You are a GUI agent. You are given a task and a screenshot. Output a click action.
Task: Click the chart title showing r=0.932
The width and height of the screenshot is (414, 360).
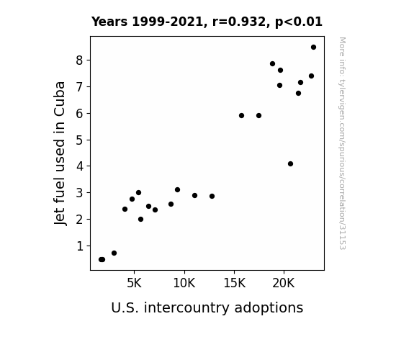207,22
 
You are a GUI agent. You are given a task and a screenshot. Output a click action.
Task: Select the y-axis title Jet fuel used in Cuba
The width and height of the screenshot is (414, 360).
60,153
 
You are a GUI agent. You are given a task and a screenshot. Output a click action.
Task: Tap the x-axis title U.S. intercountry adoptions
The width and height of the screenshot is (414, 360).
207,307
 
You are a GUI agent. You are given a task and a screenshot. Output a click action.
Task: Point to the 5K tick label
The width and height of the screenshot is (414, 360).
134,283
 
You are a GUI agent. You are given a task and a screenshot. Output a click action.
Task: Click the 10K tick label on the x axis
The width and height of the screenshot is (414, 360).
184,283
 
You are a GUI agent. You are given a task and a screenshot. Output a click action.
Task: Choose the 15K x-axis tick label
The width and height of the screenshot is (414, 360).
234,283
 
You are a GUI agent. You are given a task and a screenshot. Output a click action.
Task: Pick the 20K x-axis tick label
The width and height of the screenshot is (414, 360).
284,283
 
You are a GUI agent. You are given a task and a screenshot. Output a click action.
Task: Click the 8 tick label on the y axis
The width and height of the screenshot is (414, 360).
79,60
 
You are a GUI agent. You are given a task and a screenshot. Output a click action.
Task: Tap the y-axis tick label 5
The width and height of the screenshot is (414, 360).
79,140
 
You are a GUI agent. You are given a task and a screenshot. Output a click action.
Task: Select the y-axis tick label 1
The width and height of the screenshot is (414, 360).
80,246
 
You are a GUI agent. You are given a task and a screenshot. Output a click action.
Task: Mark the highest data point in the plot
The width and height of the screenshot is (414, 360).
313,48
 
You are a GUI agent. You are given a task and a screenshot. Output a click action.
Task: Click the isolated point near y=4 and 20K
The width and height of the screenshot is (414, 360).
290,163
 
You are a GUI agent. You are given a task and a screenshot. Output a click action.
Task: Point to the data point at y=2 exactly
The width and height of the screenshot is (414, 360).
140,219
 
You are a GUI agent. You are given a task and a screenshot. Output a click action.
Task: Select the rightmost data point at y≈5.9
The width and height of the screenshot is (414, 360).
258,115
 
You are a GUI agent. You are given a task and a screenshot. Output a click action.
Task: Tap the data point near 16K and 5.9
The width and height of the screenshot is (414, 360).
241,115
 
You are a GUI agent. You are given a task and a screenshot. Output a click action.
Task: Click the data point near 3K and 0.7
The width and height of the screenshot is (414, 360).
114,253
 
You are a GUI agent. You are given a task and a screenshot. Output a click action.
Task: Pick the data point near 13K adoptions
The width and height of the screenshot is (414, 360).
212,196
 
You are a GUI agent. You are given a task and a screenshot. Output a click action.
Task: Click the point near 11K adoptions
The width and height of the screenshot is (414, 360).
194,195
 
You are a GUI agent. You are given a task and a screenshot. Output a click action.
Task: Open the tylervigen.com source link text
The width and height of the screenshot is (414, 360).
342,143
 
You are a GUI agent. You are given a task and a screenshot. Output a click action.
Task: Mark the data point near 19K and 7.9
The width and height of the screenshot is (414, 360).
272,63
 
